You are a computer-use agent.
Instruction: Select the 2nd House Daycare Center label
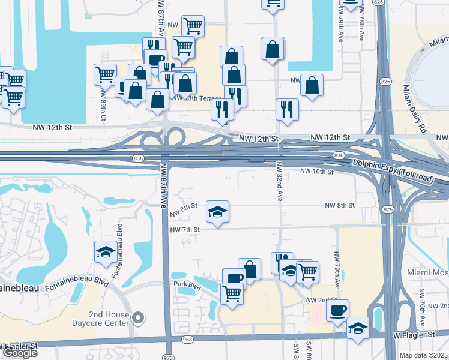point(109,319)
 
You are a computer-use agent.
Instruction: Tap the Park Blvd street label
point(185,284)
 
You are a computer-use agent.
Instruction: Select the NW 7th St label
point(184,229)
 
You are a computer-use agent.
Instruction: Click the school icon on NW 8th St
point(217,211)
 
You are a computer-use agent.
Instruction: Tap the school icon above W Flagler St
point(358,328)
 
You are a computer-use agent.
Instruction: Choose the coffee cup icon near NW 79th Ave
point(337,310)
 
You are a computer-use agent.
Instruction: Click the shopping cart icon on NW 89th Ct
point(105,75)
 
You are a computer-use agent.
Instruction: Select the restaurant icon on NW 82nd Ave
point(287,109)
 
